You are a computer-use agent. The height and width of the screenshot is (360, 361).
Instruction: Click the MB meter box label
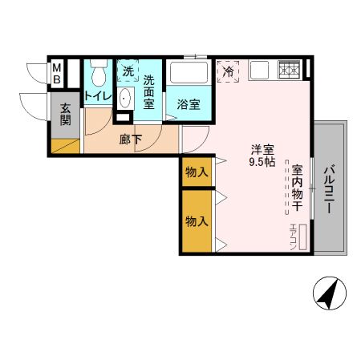coord(57,74)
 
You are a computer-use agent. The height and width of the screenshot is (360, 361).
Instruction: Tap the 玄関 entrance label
coord(64,115)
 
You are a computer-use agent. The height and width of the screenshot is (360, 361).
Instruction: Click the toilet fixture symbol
coord(98,75)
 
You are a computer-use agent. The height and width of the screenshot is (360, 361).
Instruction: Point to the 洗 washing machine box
coord(128,71)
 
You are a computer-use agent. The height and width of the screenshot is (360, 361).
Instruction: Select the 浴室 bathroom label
coord(189,104)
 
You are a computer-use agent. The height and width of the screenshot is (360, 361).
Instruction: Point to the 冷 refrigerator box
coord(229,71)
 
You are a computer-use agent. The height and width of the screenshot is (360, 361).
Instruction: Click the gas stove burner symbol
coord(288,70)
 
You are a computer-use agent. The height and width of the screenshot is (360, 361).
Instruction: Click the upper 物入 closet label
coord(197,172)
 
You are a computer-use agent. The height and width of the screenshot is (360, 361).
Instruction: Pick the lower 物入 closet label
coord(197,220)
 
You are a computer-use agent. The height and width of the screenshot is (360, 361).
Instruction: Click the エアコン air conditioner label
coord(294,235)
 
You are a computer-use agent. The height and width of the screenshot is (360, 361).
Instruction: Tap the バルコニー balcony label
coord(330,189)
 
